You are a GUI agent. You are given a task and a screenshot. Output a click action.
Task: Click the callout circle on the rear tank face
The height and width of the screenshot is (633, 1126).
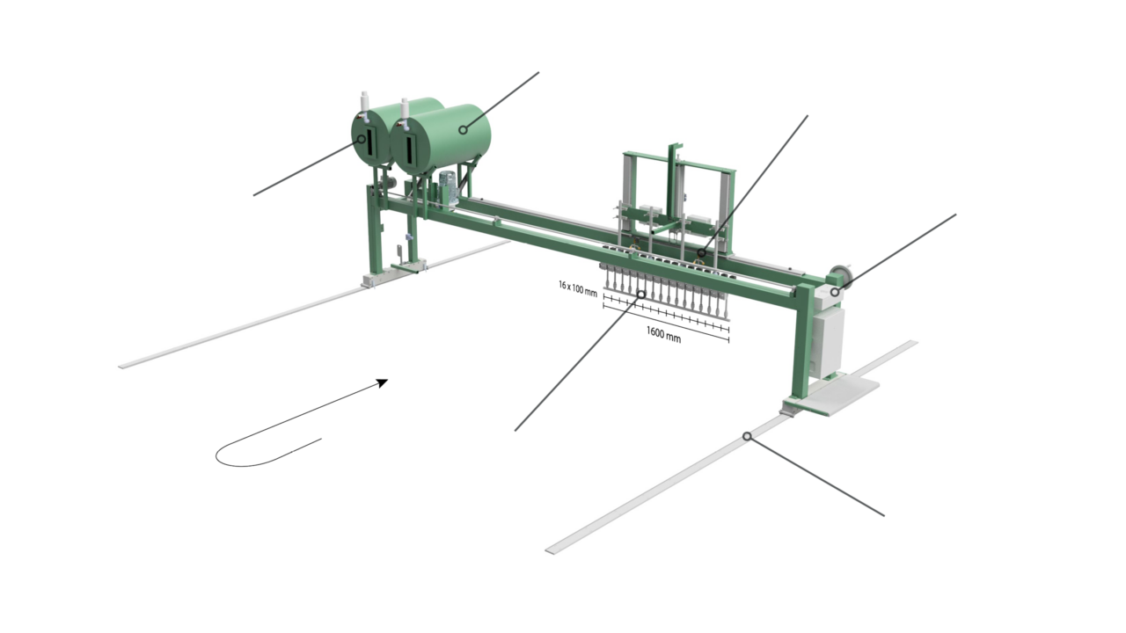[x=362, y=139]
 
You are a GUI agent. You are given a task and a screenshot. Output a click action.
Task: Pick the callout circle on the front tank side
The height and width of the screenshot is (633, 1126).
[x=463, y=130]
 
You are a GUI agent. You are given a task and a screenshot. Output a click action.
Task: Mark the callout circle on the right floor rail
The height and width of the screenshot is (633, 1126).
[x=747, y=435]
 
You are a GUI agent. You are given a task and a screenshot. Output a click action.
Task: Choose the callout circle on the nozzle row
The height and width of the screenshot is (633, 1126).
[x=640, y=295]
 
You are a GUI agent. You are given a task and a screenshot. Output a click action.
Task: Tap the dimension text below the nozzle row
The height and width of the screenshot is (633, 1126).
[x=664, y=336]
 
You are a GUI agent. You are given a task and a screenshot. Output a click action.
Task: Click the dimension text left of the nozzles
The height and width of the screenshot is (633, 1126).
[x=577, y=287]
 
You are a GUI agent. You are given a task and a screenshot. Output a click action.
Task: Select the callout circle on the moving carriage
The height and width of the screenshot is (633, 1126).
[x=700, y=253]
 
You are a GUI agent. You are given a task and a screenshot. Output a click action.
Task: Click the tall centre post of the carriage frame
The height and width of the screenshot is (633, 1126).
[x=673, y=185]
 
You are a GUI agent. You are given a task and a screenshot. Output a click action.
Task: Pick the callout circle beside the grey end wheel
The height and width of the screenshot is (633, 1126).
[x=835, y=292]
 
